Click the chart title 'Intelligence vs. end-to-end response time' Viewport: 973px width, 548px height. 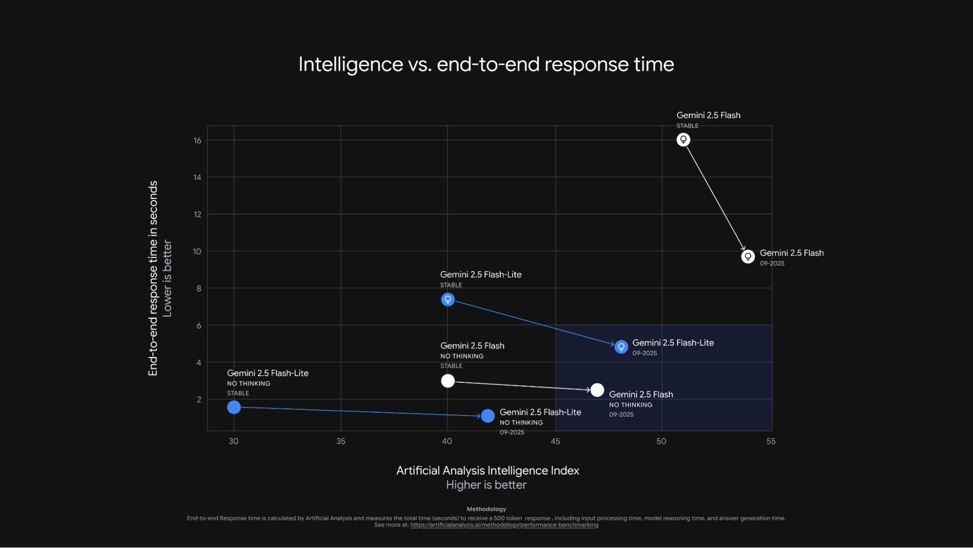pos(486,64)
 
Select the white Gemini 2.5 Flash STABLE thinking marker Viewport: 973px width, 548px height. pos(683,140)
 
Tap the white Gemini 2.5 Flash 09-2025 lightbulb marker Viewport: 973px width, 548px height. pos(748,256)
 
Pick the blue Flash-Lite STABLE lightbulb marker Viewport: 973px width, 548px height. pos(448,299)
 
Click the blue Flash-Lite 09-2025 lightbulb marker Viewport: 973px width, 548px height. pos(621,346)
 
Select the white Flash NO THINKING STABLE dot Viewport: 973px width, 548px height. pos(448,380)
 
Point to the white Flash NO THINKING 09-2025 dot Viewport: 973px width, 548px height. pos(597,390)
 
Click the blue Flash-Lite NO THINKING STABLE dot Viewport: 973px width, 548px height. pos(234,407)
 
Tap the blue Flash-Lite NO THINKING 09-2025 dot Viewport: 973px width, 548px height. pos(488,416)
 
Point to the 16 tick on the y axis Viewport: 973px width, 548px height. pos(197,140)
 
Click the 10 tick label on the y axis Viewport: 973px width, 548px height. pos(197,251)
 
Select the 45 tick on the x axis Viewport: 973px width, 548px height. pos(555,441)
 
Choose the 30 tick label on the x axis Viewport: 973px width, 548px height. pos(234,441)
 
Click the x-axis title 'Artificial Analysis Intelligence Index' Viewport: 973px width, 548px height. pos(487,471)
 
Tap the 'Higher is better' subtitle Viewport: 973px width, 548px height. pos(486,485)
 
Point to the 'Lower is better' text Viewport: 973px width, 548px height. pos(167,278)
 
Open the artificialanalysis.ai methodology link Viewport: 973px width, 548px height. pos(504,525)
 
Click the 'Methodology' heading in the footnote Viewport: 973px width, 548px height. pos(486,509)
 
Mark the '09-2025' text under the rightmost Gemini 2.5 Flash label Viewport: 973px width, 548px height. pos(772,264)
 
